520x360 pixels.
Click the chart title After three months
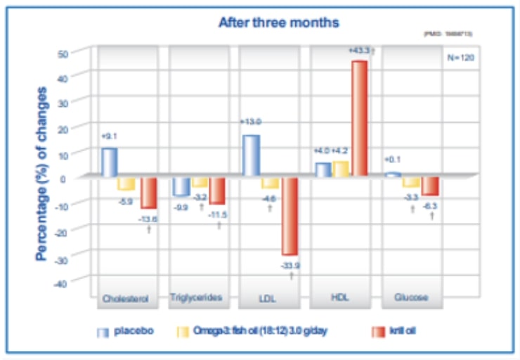[278, 22]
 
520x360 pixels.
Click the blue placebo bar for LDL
[250, 155]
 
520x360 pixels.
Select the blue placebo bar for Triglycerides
[181, 186]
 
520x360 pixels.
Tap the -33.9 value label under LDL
[290, 265]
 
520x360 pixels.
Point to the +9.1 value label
[109, 136]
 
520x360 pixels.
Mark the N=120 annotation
[460, 58]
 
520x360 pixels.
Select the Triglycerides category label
[199, 298]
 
